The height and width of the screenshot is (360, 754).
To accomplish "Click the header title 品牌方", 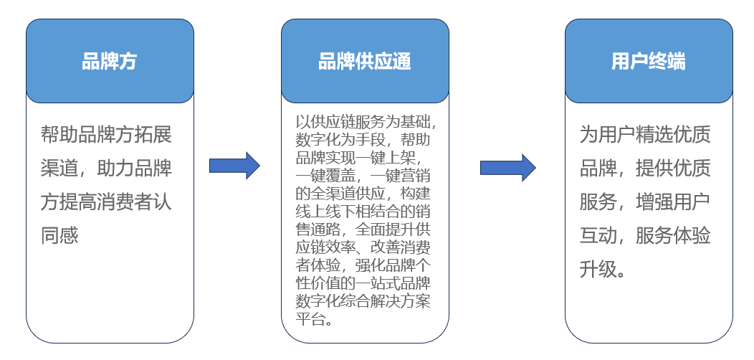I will (x=109, y=62).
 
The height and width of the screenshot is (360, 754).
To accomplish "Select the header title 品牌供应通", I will (x=365, y=62).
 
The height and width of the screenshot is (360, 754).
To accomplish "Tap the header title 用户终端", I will (x=648, y=62).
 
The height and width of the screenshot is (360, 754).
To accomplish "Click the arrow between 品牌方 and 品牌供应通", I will (x=234, y=166).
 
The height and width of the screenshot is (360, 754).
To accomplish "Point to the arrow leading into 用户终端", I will (x=507, y=167).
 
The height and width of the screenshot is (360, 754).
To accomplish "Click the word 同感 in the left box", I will (x=59, y=235).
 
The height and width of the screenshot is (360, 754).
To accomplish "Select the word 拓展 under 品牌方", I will (x=156, y=134).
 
